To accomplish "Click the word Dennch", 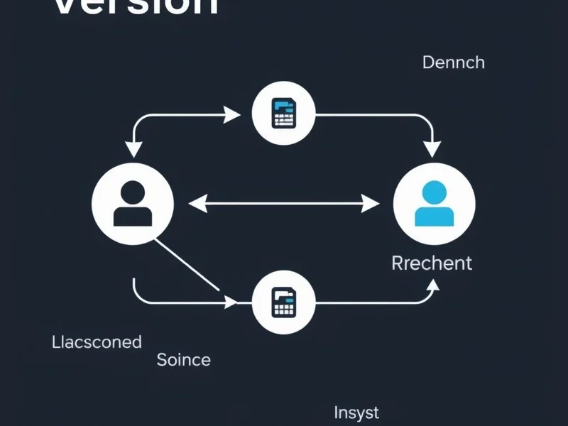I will pyautogui.click(x=453, y=62).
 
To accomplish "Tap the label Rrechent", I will pyautogui.click(x=432, y=263).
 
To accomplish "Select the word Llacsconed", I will pyautogui.click(x=97, y=342).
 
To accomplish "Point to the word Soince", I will pyautogui.click(x=183, y=359).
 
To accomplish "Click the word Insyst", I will pyautogui.click(x=356, y=412).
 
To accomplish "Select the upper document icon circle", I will pyautogui.click(x=284, y=114).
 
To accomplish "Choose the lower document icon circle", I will pyautogui.click(x=284, y=302).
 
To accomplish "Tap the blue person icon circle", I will pyautogui.click(x=434, y=204).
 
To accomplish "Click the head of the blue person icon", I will pyautogui.click(x=434, y=192).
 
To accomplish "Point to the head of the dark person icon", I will pyautogui.click(x=133, y=192).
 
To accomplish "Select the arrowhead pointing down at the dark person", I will pyautogui.click(x=133, y=149).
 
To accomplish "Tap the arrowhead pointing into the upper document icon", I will pyautogui.click(x=232, y=114).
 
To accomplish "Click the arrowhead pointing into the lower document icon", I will pyautogui.click(x=231, y=302).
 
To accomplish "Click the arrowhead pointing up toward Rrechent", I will pyautogui.click(x=432, y=287).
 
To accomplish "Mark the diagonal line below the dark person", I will pyautogui.click(x=186, y=265).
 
